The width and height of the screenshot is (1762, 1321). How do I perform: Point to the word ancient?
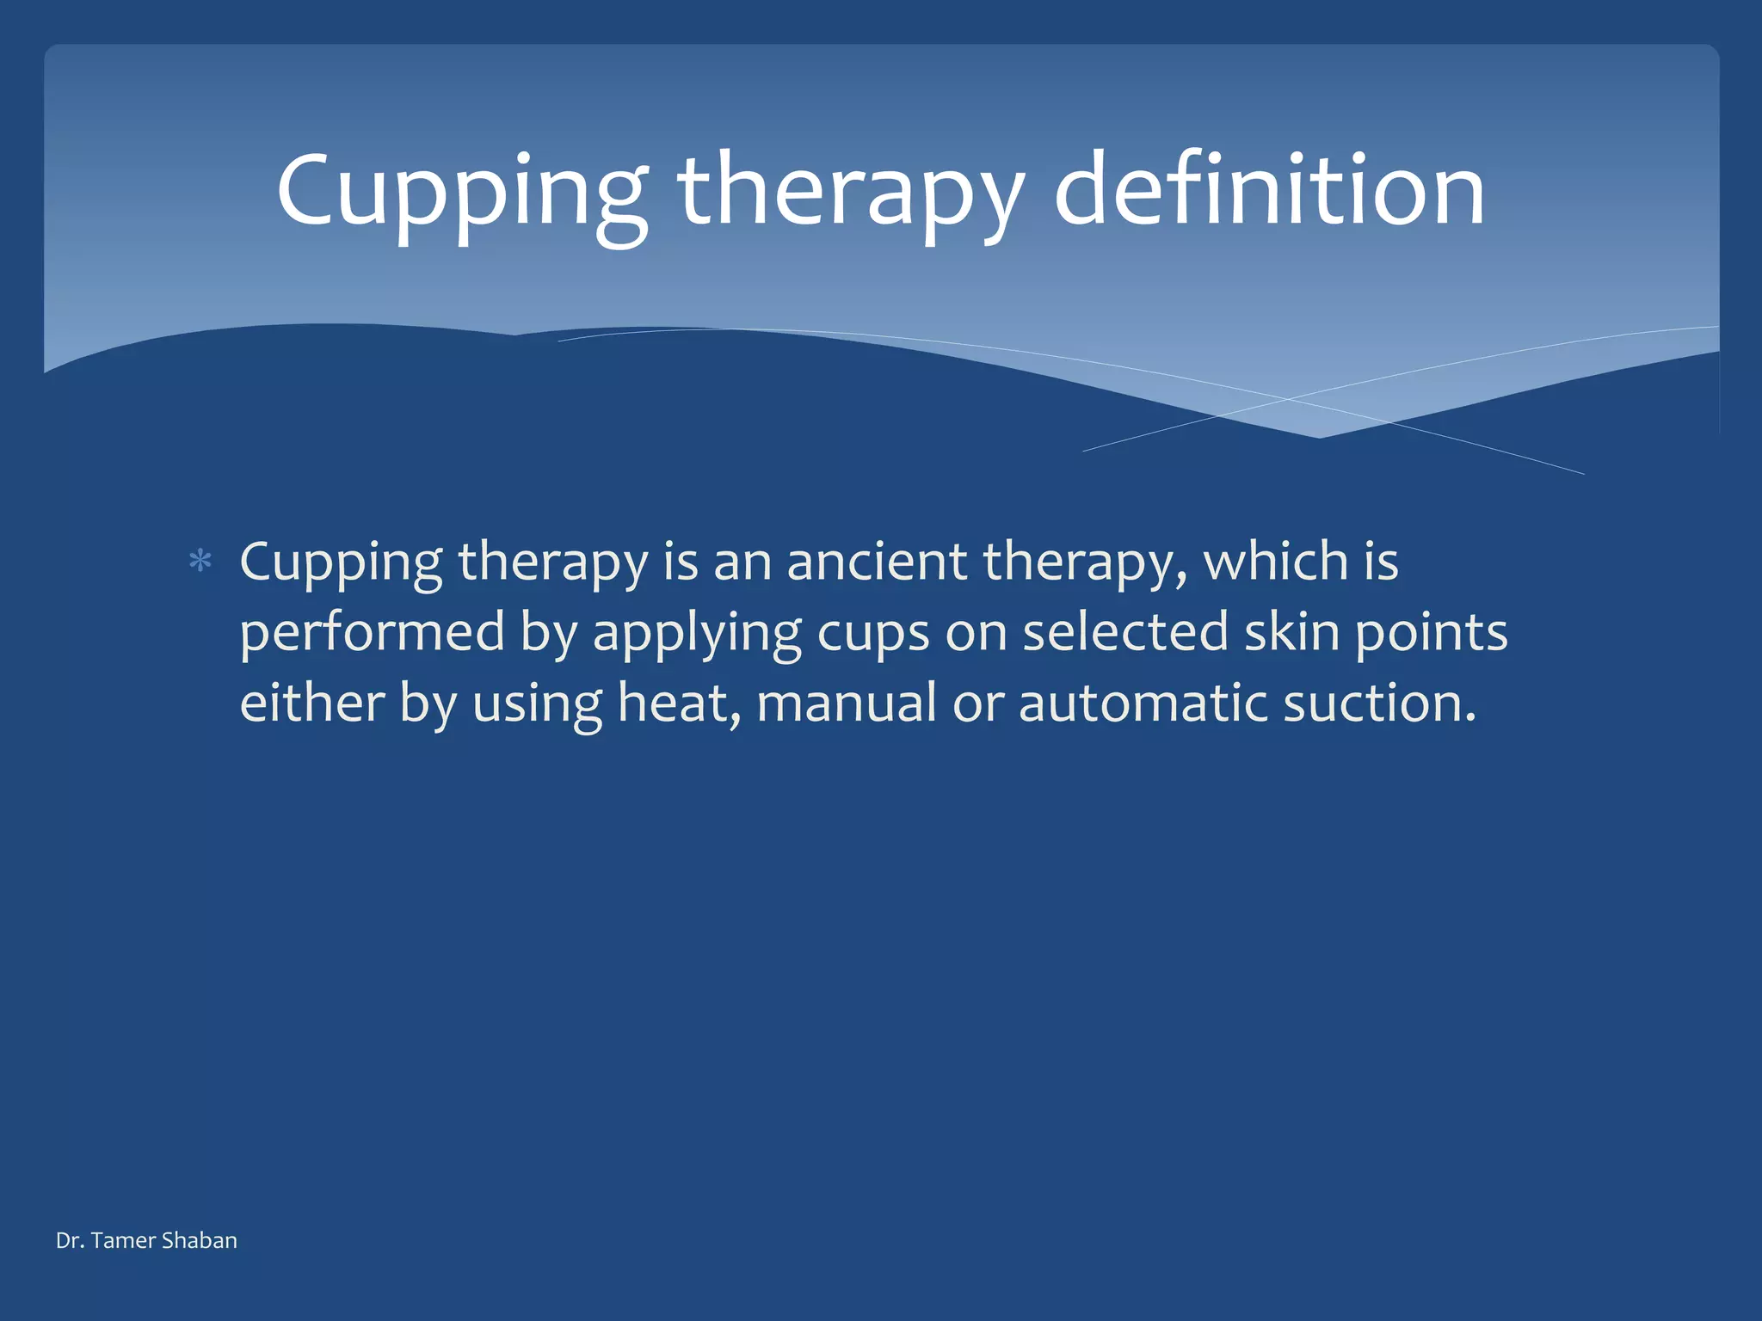click(x=877, y=562)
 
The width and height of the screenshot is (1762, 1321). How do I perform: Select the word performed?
click(x=372, y=634)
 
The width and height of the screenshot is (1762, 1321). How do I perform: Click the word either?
click(x=311, y=703)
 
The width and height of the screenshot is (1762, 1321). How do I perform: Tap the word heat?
click(x=678, y=703)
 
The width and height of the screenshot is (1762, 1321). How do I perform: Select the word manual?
click(x=846, y=703)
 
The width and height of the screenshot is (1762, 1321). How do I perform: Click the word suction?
click(x=1379, y=703)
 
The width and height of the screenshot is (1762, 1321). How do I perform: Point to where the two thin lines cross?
click(x=1287, y=399)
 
